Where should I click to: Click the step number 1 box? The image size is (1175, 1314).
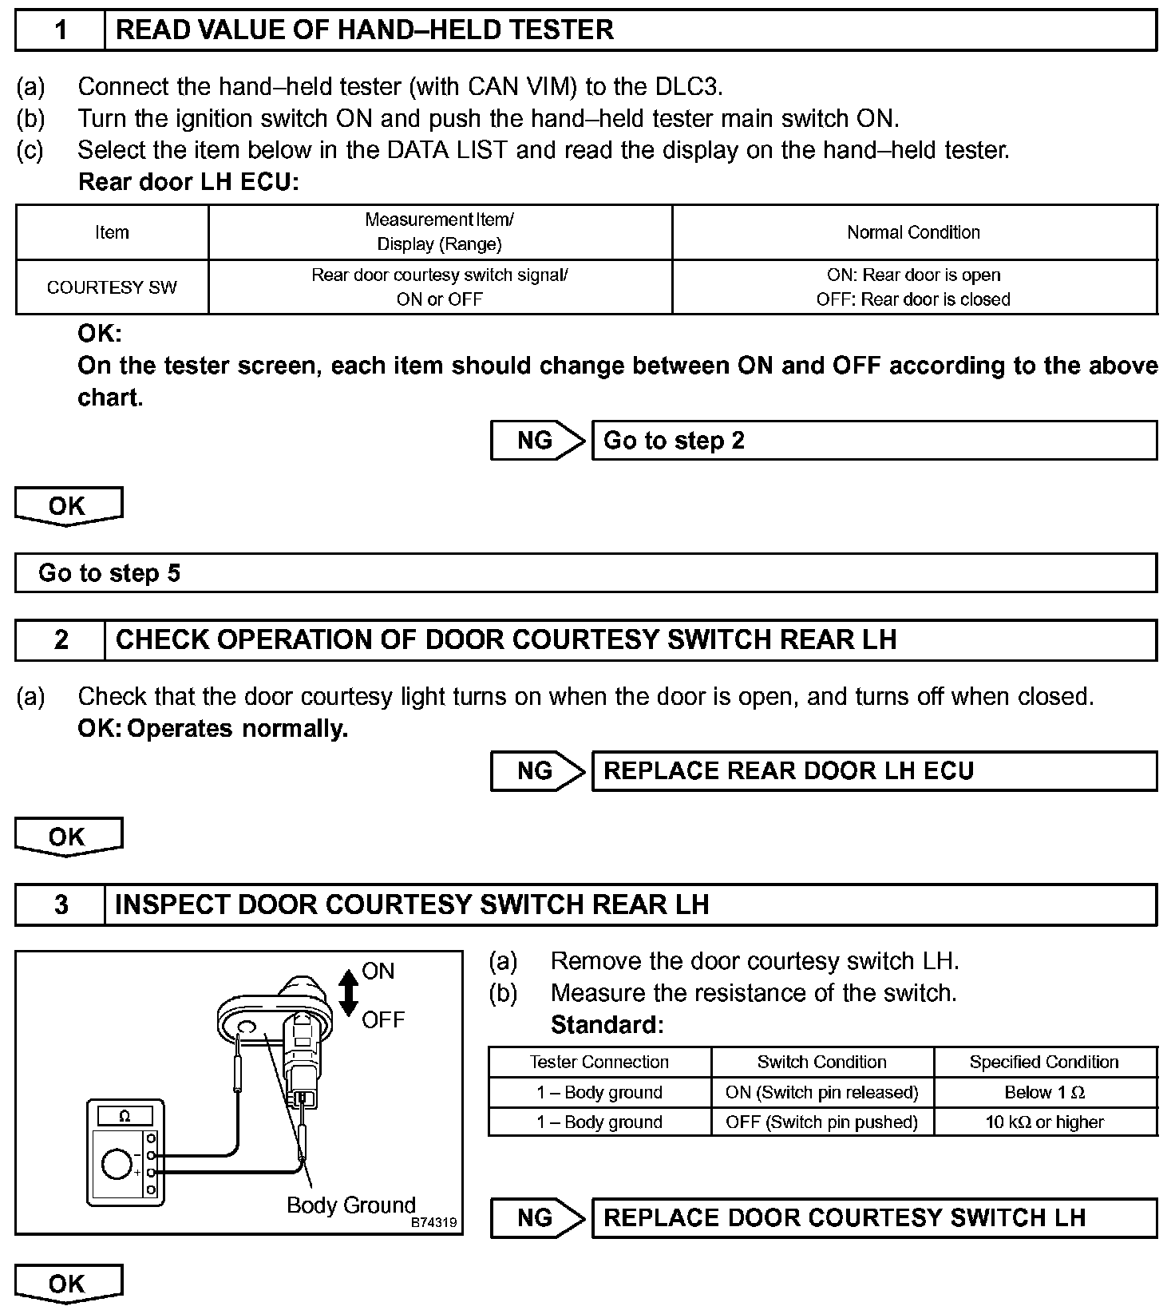(x=61, y=30)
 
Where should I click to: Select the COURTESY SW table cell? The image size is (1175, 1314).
(x=112, y=287)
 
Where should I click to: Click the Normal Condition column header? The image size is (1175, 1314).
(x=913, y=232)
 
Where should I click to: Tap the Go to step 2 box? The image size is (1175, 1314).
(x=873, y=441)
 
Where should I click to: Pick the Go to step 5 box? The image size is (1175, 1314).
(x=585, y=573)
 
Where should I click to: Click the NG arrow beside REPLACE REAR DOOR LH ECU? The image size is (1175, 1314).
(x=536, y=771)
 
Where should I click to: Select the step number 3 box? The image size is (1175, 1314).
(x=61, y=904)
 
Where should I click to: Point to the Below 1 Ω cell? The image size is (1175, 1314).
(x=1044, y=1092)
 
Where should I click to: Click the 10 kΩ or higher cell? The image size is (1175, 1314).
(x=1044, y=1122)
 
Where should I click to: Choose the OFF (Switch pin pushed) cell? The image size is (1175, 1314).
(x=821, y=1122)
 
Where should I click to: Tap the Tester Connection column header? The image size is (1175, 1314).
(x=599, y=1062)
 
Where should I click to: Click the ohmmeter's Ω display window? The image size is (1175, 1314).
(x=125, y=1116)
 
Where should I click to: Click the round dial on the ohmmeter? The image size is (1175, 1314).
(x=117, y=1166)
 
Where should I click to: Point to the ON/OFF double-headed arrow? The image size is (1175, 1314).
(x=349, y=994)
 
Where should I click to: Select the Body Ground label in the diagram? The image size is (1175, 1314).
(x=351, y=1205)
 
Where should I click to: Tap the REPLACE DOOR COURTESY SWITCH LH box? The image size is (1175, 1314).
(x=873, y=1218)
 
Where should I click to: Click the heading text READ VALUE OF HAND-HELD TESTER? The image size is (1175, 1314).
(x=365, y=30)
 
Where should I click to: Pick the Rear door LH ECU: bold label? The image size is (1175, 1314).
(x=188, y=182)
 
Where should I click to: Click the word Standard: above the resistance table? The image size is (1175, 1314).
(x=607, y=1024)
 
